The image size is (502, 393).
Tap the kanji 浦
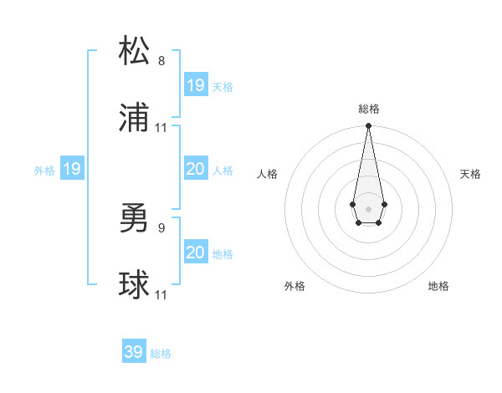[134, 119]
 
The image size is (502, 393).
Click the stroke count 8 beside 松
[161, 61]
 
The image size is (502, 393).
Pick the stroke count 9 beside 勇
[161, 226]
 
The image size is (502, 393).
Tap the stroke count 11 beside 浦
[161, 128]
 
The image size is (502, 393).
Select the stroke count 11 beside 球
[161, 295]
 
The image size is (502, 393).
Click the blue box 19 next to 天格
[196, 85]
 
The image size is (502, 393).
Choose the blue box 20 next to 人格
[196, 170]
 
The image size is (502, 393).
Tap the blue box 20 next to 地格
[196, 253]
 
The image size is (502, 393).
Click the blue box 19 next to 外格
[72, 170]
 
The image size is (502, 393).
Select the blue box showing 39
[134, 352]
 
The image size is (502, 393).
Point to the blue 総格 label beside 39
[161, 354]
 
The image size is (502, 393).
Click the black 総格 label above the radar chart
[368, 109]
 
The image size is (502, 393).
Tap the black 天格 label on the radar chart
[471, 174]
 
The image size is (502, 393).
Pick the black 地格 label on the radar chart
[438, 287]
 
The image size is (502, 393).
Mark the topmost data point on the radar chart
[368, 126]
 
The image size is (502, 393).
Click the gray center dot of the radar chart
[368, 207]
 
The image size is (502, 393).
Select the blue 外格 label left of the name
[44, 171]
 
